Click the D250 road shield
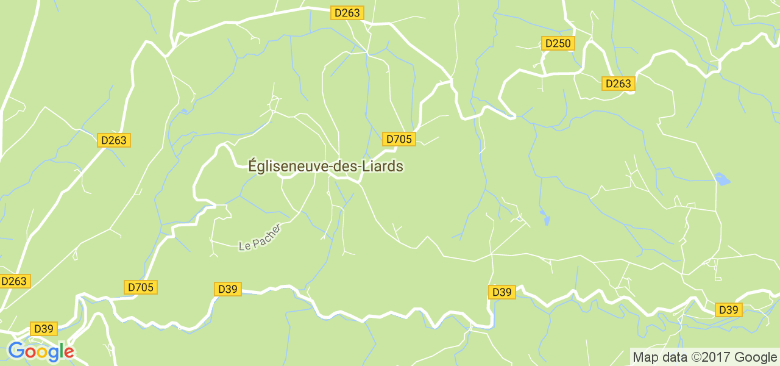coord(558,43)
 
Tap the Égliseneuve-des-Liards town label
coord(325,166)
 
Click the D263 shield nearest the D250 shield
coord(619,84)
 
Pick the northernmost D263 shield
coord(347,13)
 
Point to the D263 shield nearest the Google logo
coord(14,281)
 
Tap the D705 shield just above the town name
coord(399,139)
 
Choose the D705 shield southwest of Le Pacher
coord(141,287)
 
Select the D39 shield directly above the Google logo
coord(44,329)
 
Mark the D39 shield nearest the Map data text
coord(728,310)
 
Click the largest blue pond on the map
coord(722,179)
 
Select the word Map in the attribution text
coord(645,357)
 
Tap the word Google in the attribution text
coord(755,357)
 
